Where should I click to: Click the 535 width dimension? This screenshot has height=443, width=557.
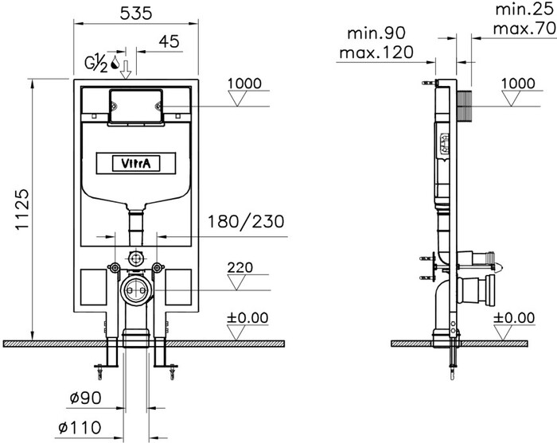point(136,14)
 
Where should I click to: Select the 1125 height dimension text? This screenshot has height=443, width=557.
point(22,209)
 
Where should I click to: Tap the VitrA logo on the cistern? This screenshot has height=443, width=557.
point(136,163)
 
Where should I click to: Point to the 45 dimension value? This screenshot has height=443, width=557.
point(169,41)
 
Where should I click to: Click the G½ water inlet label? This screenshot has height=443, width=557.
point(96,64)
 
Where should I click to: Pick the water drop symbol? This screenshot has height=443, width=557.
point(115,62)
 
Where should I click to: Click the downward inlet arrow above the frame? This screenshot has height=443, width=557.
point(126,70)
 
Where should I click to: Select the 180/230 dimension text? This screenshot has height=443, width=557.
point(246,221)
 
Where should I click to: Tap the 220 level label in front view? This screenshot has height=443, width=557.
point(240,267)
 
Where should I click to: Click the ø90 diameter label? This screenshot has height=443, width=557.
point(86,398)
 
